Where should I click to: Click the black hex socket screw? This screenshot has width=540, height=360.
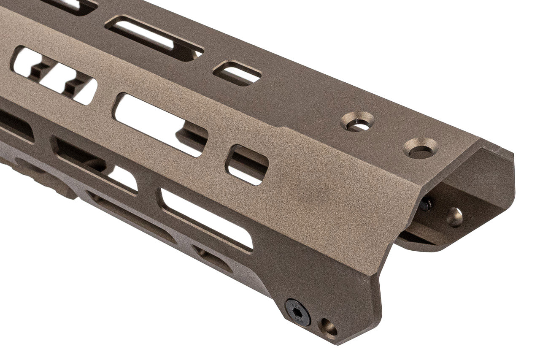click(298, 312)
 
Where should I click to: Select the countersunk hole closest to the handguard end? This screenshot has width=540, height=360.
click(420, 148)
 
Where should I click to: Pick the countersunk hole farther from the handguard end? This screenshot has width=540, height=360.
click(357, 122)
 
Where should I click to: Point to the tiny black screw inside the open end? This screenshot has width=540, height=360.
click(426, 205)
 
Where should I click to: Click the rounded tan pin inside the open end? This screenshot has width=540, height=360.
click(454, 217)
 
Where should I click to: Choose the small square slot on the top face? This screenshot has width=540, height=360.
click(237, 73)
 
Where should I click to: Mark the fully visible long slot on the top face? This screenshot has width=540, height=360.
click(154, 38)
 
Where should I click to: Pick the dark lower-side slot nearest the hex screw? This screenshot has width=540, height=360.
click(207, 219)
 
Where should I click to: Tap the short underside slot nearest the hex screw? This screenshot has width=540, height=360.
click(213, 257)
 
